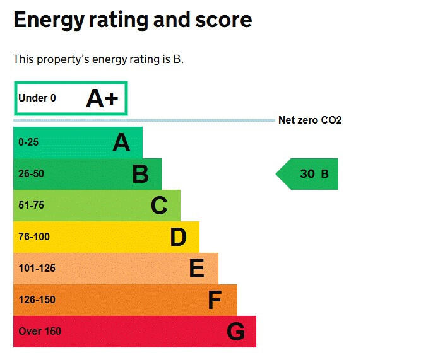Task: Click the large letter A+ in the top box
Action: (102, 98)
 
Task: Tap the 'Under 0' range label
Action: (37, 98)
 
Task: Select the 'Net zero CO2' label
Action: (310, 120)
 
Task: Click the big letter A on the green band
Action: (121, 143)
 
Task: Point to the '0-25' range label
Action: (28, 142)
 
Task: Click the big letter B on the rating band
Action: (140, 174)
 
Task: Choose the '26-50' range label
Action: (32, 174)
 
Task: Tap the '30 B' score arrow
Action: (308, 174)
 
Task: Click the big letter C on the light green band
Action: (159, 206)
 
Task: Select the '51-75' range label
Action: (32, 206)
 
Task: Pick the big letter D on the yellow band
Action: (179, 237)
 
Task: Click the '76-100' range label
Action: (34, 237)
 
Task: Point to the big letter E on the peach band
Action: (197, 269)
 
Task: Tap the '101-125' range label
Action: (37, 269)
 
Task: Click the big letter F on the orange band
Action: (215, 300)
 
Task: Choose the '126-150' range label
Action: (37, 300)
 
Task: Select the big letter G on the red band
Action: (235, 332)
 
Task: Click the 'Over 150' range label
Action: (40, 332)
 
